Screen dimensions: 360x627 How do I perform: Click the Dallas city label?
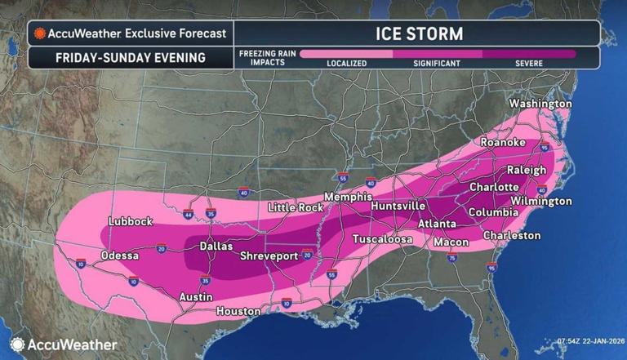pos(216,246)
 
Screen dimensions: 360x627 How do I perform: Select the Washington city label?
pos(540,104)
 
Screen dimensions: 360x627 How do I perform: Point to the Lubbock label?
pos(131,221)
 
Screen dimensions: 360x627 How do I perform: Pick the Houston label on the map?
pos(238,311)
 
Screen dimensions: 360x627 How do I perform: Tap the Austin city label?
pos(197,297)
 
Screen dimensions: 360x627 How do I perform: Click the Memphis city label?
pos(349,198)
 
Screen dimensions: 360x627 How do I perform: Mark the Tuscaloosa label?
pos(382,239)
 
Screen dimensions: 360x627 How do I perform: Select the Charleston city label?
pos(512,235)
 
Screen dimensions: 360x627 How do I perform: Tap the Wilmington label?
pos(541,201)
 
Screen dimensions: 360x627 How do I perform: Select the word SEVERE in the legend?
pos(531,63)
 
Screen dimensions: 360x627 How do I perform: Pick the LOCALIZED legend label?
pos(347,63)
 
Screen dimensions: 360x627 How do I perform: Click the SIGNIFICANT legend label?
pos(437,63)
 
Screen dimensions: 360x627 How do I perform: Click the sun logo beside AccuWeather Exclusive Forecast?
pos(38,34)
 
